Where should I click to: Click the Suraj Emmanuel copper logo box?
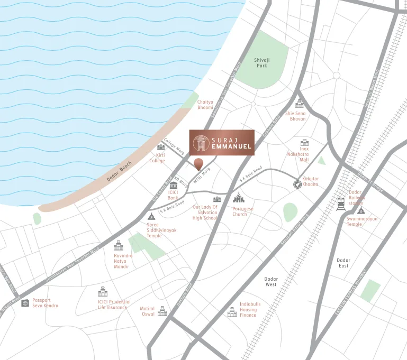pyautogui.click(x=222, y=142)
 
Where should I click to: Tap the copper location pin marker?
pyautogui.click(x=198, y=163)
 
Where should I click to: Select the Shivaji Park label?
pyautogui.click(x=261, y=63)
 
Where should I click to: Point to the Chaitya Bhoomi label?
pyautogui.click(x=205, y=105)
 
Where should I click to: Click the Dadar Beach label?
pyautogui.click(x=119, y=171)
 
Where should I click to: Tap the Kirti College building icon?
pyautogui.click(x=161, y=147)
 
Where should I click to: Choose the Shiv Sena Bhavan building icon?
pyautogui.click(x=300, y=104)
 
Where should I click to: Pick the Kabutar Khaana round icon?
pyautogui.click(x=298, y=184)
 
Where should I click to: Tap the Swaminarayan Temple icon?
pyautogui.click(x=361, y=210)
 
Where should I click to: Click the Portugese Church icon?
pyautogui.click(x=239, y=199)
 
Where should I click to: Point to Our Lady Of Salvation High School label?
pyautogui.click(x=205, y=213)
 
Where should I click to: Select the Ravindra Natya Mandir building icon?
pyautogui.click(x=118, y=245)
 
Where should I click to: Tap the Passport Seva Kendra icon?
pyautogui.click(x=25, y=303)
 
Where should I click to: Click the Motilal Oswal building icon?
pyautogui.click(x=162, y=311)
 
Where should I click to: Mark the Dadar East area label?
pyautogui.click(x=343, y=263)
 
